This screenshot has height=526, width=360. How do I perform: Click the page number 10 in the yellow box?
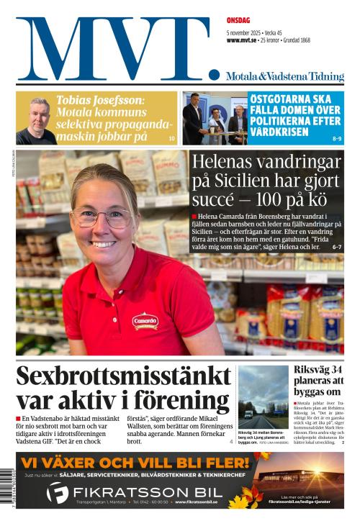click(x=171, y=137)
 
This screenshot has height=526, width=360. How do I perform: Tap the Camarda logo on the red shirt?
click(x=145, y=321)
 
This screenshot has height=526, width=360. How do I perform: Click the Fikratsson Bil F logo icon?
click(x=57, y=493)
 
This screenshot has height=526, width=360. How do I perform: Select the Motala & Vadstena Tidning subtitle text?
click(x=284, y=76)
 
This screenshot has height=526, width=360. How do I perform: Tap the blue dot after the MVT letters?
click(x=214, y=74)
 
